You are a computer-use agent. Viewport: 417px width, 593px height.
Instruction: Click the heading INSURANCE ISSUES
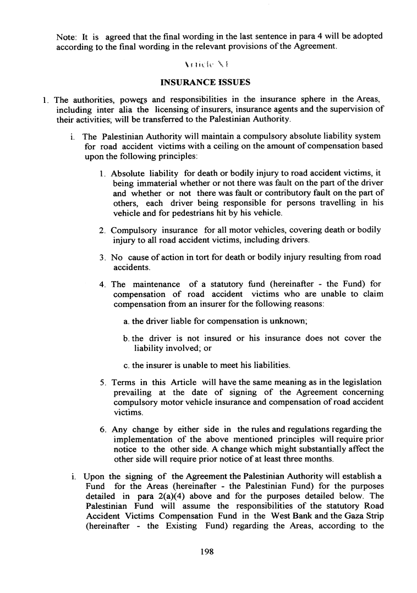click(x=205, y=83)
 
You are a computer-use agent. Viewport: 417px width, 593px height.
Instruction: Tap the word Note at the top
click(x=67, y=36)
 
